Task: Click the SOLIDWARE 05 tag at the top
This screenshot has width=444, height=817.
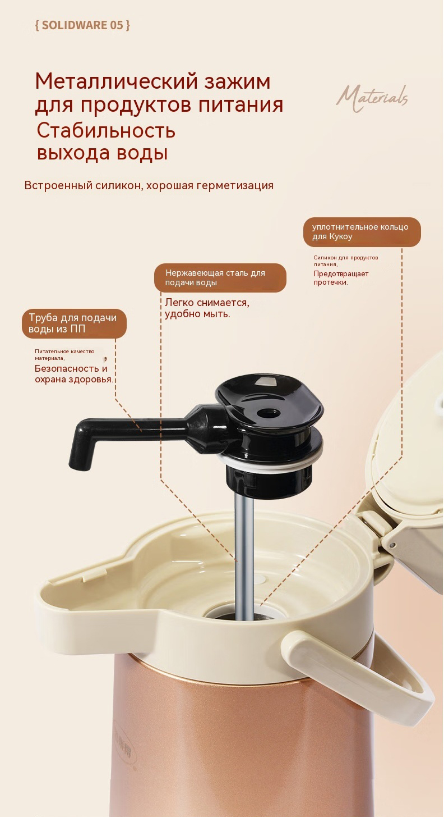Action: (82, 25)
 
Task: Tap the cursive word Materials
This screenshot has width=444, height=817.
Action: (372, 98)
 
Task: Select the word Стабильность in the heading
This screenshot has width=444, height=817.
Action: (106, 130)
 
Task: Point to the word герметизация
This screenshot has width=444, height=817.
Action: (235, 186)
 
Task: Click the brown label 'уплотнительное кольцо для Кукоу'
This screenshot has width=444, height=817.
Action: (362, 232)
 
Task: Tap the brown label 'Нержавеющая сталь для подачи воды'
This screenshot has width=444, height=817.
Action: (220, 277)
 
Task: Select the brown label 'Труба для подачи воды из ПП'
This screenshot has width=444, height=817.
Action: (74, 323)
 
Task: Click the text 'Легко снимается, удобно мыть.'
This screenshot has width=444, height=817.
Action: (207, 308)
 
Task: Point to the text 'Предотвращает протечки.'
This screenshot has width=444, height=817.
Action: (341, 278)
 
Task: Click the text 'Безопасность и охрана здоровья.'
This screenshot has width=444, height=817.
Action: (74, 374)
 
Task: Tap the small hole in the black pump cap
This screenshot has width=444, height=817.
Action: (269, 413)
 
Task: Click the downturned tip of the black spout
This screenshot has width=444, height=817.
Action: (80, 459)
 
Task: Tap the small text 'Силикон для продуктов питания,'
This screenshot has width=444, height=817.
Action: (346, 261)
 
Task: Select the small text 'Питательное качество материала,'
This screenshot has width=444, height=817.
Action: (64, 354)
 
